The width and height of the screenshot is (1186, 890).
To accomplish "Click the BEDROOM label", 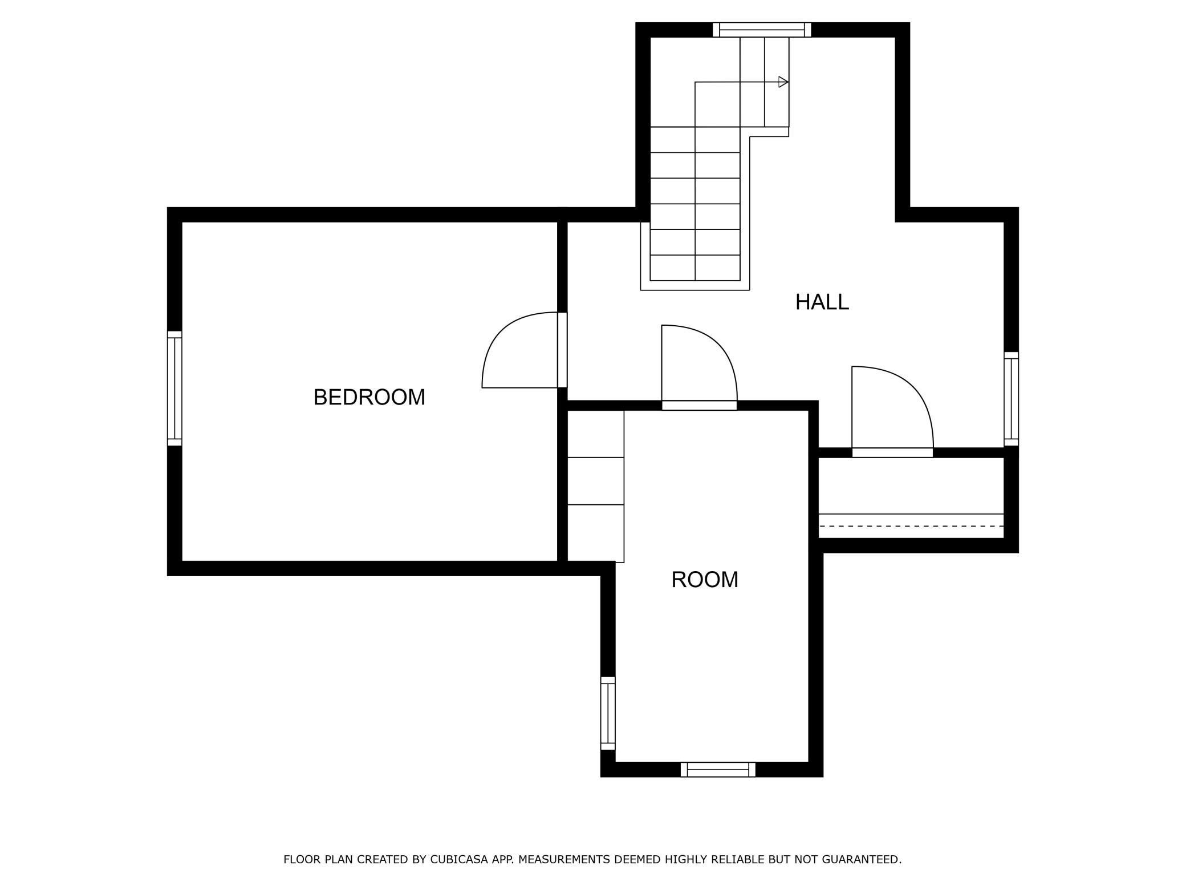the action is pos(369,397).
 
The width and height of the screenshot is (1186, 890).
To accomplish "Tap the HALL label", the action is pos(822,302).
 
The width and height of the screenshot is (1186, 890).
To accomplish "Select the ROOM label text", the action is pos(705,580).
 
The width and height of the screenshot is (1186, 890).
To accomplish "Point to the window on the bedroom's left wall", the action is pos(174,388).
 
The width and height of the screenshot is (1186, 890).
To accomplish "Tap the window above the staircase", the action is pos(762,30).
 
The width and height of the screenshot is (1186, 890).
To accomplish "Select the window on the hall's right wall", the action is pos(1011,399).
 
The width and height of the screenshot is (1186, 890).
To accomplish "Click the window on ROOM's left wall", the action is pos(608,713).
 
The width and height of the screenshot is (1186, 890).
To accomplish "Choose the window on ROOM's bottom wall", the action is pos(718,770).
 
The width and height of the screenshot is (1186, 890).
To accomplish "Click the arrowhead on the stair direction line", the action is pos(783,82).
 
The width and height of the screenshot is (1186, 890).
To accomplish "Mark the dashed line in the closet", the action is pos(911,526).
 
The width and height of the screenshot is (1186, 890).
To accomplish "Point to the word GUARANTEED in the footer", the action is pos(862,859).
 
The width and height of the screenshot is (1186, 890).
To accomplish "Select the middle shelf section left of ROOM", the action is pos(596,481).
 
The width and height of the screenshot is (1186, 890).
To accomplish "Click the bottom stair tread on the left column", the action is pos(672,268).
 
